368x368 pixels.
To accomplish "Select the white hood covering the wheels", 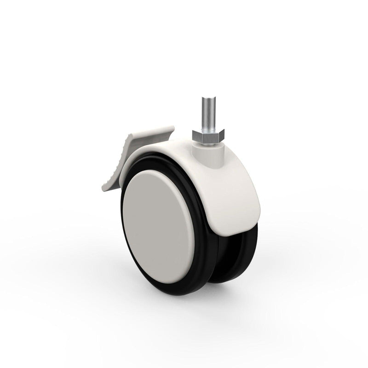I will point(230,184).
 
